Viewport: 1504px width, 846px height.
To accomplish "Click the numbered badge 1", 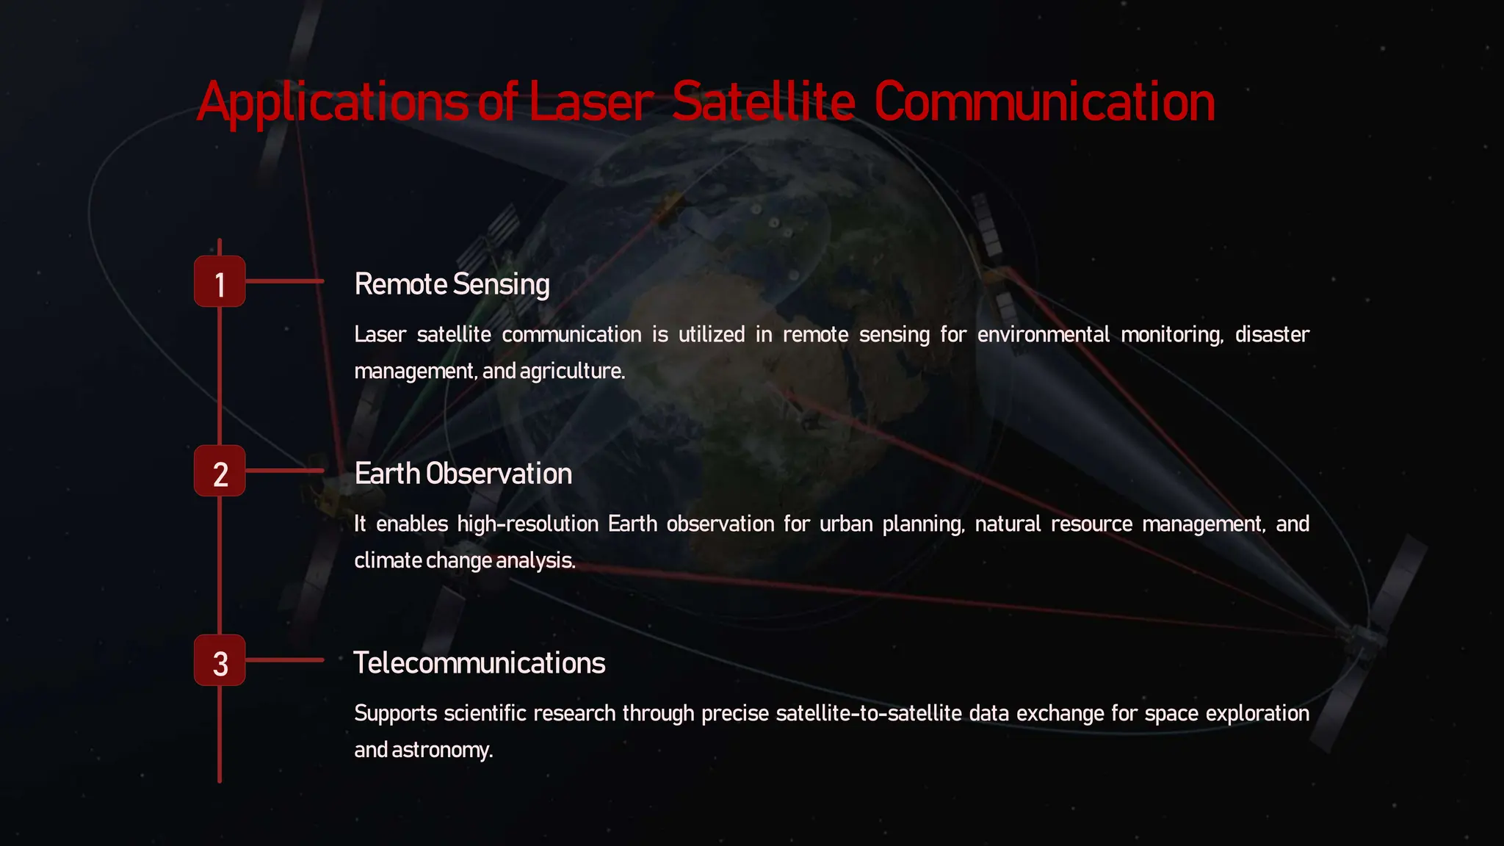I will point(220,281).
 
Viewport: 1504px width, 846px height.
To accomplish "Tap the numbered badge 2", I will point(220,471).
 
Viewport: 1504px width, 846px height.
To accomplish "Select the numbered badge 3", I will point(220,660).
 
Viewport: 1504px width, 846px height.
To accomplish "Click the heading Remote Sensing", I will point(452,284).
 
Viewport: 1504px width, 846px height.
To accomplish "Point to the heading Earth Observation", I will point(463,474).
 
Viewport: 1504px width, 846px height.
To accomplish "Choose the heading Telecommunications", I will point(479,663).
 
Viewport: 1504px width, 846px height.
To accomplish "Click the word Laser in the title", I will point(590,102).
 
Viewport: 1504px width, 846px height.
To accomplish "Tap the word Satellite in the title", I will point(764,102).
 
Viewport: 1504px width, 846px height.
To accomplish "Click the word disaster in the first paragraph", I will point(1272,335).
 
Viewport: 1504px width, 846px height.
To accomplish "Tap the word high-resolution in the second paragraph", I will point(527,524).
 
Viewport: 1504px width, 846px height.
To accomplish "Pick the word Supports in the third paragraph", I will point(395,714).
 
